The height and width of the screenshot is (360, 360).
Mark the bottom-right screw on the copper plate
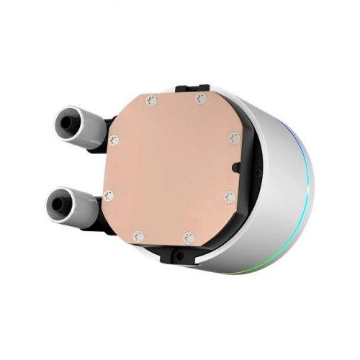189,235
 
